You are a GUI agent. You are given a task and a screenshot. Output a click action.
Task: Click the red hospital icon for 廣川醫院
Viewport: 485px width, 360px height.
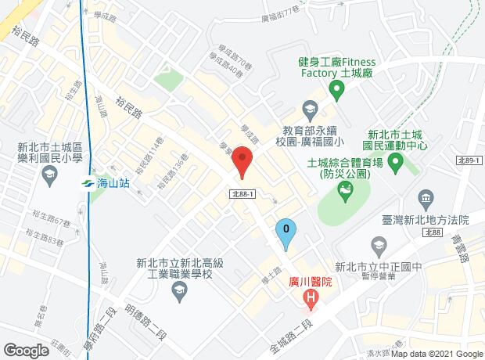[x=311, y=297]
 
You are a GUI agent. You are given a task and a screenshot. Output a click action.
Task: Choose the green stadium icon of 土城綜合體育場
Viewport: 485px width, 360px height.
[x=344, y=189]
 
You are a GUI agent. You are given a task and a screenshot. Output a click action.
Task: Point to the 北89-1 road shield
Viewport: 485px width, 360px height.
[x=467, y=160]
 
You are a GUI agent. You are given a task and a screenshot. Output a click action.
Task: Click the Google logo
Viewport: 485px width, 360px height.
[x=26, y=350]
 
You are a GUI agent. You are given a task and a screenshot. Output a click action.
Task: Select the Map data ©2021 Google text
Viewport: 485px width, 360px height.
[x=437, y=355]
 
